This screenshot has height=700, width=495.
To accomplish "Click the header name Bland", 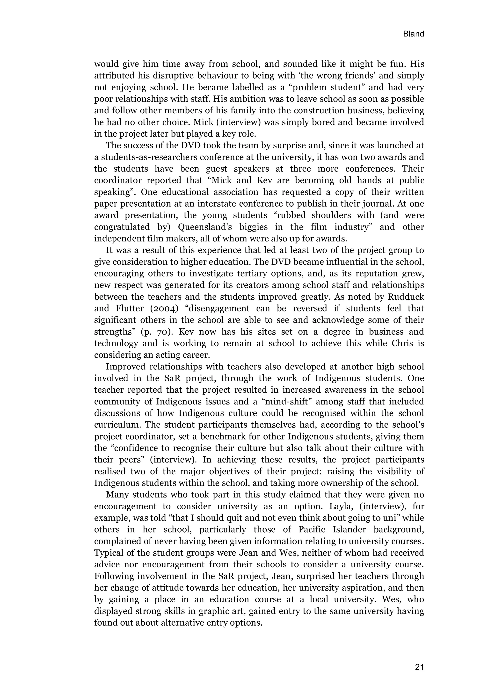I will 413,34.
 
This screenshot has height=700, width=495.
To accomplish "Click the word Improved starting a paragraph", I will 125,367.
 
